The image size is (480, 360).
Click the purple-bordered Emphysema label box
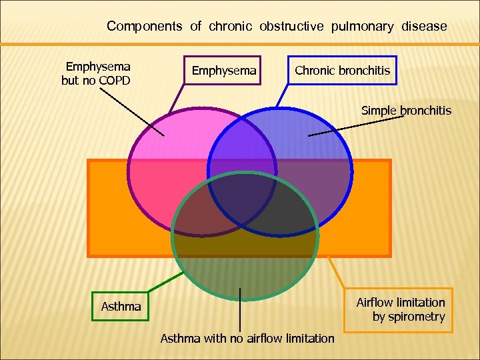pyautogui.click(x=223, y=70)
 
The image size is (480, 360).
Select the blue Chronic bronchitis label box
pyautogui.click(x=342, y=70)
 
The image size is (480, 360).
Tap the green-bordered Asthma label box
pyautogui.click(x=121, y=307)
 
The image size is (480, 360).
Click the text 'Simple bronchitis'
pyautogui.click(x=406, y=110)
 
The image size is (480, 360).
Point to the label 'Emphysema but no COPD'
pyautogui.click(x=97, y=73)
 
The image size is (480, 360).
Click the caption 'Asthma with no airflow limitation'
pyautogui.click(x=247, y=338)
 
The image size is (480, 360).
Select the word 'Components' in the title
pyautogui.click(x=144, y=27)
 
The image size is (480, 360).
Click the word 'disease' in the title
pyautogui.click(x=424, y=27)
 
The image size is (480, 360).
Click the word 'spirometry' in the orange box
pyautogui.click(x=409, y=317)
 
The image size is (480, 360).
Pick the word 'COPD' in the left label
pyautogui.click(x=113, y=81)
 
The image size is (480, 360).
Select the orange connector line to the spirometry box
pyautogui.click(x=337, y=273)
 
